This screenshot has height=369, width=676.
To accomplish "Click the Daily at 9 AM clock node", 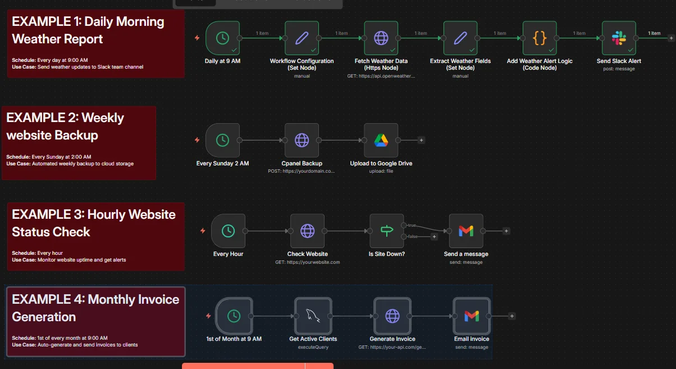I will (223, 38).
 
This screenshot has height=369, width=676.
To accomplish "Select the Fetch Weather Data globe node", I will (381, 38).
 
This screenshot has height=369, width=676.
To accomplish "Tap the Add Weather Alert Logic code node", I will (540, 38).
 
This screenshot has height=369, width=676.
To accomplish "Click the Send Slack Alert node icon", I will (619, 38).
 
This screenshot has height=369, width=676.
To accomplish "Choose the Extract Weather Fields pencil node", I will (460, 38).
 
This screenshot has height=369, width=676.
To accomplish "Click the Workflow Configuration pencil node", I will (302, 38).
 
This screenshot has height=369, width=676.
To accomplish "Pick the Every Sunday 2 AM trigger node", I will (223, 140).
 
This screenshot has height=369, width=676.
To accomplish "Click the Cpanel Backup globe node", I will (302, 140).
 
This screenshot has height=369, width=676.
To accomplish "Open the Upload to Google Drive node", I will (381, 140).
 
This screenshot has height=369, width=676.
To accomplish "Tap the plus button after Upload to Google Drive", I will (422, 140).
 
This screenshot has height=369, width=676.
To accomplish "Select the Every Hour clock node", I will (229, 231).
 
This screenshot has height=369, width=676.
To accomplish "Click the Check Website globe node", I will (308, 231).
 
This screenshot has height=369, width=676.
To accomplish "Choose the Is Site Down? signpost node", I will (387, 231).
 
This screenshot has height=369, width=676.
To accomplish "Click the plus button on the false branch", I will (434, 237).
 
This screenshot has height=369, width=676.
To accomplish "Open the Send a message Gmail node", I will (466, 231).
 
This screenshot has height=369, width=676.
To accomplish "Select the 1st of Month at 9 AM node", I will (234, 316).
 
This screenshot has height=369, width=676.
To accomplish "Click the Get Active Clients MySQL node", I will (313, 316).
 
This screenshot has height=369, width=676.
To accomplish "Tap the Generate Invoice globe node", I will (392, 316).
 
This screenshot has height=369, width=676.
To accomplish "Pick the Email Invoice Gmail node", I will (472, 316).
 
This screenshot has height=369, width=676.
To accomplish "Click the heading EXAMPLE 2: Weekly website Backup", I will (65, 127).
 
